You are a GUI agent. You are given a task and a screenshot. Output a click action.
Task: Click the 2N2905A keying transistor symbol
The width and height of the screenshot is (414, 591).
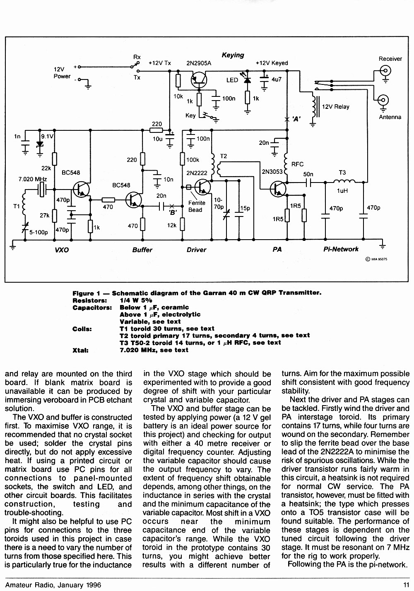pos(199,80)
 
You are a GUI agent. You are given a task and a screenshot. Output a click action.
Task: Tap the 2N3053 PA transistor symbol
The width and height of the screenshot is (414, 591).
pos(278,189)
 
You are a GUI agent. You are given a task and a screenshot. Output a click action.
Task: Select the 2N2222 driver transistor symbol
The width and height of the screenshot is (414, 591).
pos(202,187)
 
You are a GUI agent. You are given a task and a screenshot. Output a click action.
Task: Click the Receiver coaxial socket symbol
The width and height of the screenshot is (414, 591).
pos(385,71)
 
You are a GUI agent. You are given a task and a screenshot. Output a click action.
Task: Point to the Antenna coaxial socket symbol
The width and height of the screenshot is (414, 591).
pos(383,100)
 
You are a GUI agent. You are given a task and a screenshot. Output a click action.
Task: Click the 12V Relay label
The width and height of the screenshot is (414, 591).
pos(335,107)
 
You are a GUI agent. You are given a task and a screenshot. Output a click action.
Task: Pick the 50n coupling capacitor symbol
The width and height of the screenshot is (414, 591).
pos(308,183)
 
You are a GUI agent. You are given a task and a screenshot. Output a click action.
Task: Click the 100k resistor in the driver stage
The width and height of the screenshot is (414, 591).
pos(182,159)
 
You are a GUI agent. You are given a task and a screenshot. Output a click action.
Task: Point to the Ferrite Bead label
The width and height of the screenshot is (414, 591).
pos(195,207)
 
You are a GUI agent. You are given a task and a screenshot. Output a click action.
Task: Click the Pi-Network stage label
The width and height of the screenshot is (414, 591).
pos(341,249)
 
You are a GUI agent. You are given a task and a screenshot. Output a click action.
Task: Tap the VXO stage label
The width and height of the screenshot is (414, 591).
pos(62,250)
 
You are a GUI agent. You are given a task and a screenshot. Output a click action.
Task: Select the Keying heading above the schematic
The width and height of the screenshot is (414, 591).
pos(233,55)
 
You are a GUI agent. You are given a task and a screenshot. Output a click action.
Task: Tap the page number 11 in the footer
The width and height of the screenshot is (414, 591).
pos(406,585)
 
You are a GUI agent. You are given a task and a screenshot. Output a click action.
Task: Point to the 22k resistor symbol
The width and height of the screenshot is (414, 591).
pos(55,159)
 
